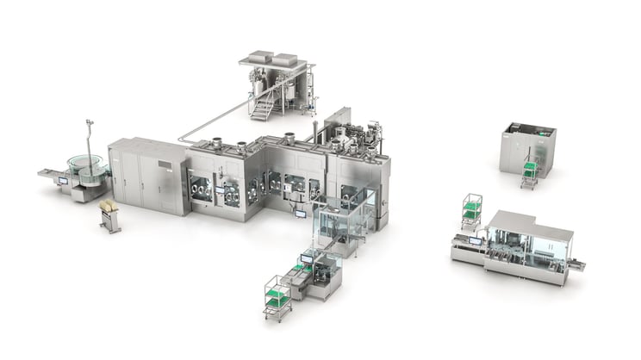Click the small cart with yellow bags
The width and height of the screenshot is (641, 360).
pyautogui.click(x=109, y=214)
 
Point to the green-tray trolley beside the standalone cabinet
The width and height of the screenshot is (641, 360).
pyautogui.click(x=527, y=173)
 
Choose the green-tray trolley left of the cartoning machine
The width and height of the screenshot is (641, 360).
pyautogui.click(x=471, y=211)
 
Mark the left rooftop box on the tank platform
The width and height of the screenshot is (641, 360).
pyautogui.click(x=258, y=59)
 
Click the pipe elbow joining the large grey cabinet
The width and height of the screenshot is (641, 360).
pyautogui.click(x=183, y=138)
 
